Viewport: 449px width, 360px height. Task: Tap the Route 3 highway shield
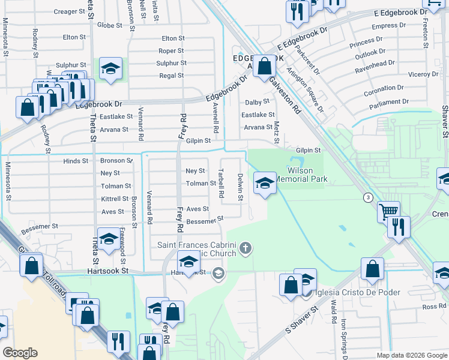click(x=366, y=197)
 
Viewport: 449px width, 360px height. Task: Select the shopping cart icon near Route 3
click(x=389, y=211)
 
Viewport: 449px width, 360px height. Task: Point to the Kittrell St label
click(x=115, y=199)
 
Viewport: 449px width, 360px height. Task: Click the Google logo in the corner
click(x=20, y=352)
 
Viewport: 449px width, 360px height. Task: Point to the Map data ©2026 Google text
click(x=412, y=355)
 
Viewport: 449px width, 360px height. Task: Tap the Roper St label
click(x=171, y=51)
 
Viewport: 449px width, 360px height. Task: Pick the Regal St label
click(x=171, y=76)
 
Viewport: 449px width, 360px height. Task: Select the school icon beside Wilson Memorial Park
click(x=264, y=182)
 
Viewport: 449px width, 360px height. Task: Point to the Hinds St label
click(x=76, y=161)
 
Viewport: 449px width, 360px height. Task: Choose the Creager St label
click(x=70, y=11)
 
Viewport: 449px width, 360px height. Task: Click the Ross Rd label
click(x=435, y=307)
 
